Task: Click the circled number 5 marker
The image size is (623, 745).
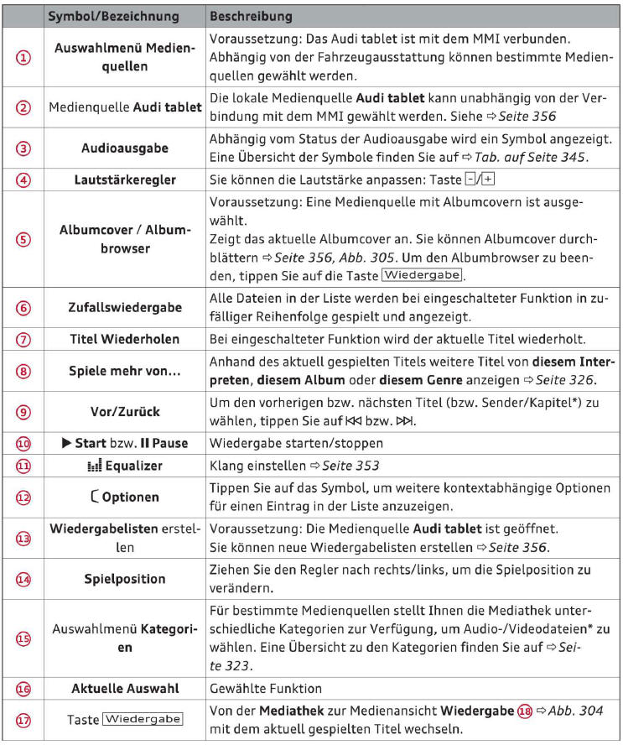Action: click(24, 238)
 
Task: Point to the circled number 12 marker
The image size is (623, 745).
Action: click(24, 497)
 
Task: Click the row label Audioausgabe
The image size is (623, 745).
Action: click(124, 148)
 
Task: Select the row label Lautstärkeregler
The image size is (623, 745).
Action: click(124, 180)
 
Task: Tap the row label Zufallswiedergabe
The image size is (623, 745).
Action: click(124, 307)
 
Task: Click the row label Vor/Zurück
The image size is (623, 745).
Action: click(124, 413)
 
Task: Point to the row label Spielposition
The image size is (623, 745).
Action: click(124, 579)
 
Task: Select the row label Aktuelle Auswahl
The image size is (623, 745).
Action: click(124, 689)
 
